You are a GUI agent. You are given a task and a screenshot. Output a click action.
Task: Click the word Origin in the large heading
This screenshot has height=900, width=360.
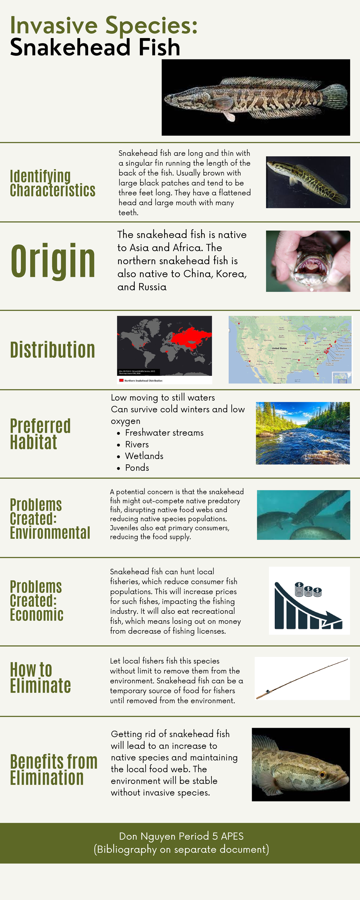[x=53, y=261]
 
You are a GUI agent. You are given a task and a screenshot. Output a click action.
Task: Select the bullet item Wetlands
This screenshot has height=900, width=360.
[x=144, y=456]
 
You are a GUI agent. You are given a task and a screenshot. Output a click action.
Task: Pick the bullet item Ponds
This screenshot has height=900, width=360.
[x=137, y=468]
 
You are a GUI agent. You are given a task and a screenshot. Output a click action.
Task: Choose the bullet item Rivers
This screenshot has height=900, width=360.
[x=137, y=444]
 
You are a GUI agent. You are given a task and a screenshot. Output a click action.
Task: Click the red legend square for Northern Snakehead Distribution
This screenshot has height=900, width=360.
[x=121, y=380]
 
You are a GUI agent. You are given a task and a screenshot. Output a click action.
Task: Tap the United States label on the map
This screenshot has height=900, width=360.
[x=279, y=348]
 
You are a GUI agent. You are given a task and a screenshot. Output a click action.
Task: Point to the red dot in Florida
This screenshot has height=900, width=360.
[x=317, y=373]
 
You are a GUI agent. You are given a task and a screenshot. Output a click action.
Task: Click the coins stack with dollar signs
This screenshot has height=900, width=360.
[x=308, y=590]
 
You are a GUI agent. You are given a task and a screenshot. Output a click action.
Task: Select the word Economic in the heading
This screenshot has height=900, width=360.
[x=37, y=615]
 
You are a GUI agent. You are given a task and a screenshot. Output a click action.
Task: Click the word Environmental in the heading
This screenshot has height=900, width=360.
[x=50, y=533]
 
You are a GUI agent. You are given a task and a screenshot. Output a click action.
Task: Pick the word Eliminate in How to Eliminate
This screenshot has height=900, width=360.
[x=40, y=686]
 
